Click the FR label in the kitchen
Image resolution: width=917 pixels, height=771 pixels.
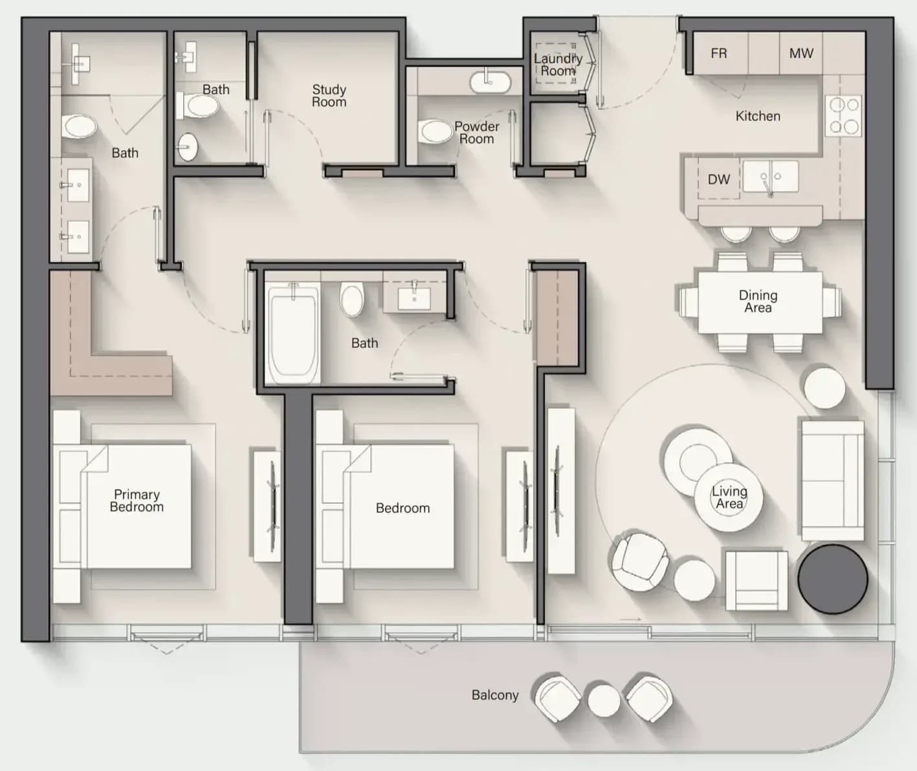(x=718, y=54)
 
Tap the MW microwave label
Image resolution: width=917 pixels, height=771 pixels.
(x=801, y=54)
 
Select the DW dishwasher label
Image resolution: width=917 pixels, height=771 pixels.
(x=718, y=179)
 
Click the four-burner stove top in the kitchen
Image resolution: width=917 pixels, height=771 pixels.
(x=843, y=116)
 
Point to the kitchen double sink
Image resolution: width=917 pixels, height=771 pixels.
(x=770, y=176)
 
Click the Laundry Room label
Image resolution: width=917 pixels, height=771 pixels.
(x=558, y=65)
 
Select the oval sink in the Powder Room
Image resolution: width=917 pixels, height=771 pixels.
(x=490, y=83)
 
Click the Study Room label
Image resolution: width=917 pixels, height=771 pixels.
(x=329, y=96)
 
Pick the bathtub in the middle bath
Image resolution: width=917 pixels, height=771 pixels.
(x=293, y=334)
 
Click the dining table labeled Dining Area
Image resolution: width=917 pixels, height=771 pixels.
(x=760, y=303)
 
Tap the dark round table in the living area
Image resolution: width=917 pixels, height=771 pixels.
(x=833, y=578)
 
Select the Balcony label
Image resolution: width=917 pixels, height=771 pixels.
(x=495, y=695)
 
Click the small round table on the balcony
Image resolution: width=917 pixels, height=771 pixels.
(x=604, y=701)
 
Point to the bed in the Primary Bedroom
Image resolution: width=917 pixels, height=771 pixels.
(x=122, y=506)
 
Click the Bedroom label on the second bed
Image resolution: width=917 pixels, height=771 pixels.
(x=403, y=508)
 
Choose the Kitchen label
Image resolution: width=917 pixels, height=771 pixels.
(x=758, y=116)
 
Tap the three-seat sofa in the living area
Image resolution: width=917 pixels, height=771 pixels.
(x=833, y=481)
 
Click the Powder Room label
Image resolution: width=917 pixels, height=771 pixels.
(x=476, y=133)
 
